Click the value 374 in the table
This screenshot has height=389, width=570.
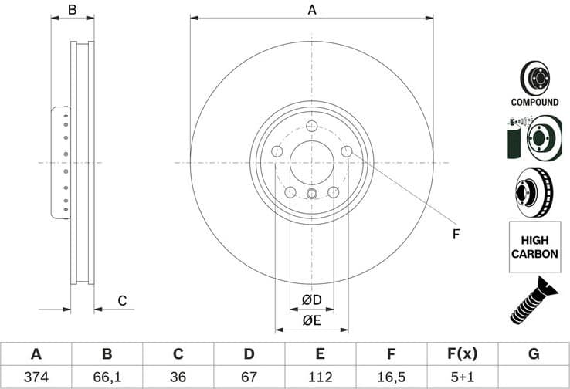coord(36,377)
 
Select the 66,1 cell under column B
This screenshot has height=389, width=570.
coord(107,377)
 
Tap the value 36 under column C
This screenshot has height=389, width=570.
coord(178,377)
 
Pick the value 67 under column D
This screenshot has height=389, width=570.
coord(249,377)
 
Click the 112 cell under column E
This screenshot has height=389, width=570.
coord(320,377)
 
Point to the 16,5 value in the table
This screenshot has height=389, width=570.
coord(391,377)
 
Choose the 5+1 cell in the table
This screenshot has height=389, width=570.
coord(462,377)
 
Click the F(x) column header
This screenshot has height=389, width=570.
coord(462,354)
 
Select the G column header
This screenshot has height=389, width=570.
coord(534,354)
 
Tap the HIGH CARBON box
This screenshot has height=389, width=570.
coord(534,247)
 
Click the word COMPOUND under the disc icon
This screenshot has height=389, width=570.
coord(534,102)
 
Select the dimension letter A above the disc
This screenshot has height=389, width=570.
coord(312,10)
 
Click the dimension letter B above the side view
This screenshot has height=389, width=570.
coord(72,10)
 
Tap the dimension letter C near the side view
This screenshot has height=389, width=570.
coord(121,300)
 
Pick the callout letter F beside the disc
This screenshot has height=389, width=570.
coord(456,234)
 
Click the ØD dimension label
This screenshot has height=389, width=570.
coord(311,299)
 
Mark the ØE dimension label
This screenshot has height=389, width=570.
coord(311,320)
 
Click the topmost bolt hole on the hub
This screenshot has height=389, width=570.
coord(312,127)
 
